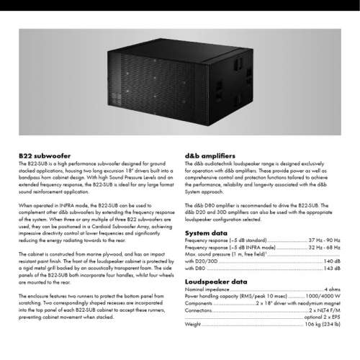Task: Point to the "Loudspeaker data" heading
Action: coord(216,282)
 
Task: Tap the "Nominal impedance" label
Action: coord(207,289)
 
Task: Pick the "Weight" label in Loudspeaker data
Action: coord(193,324)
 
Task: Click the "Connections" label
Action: coord(199,310)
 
